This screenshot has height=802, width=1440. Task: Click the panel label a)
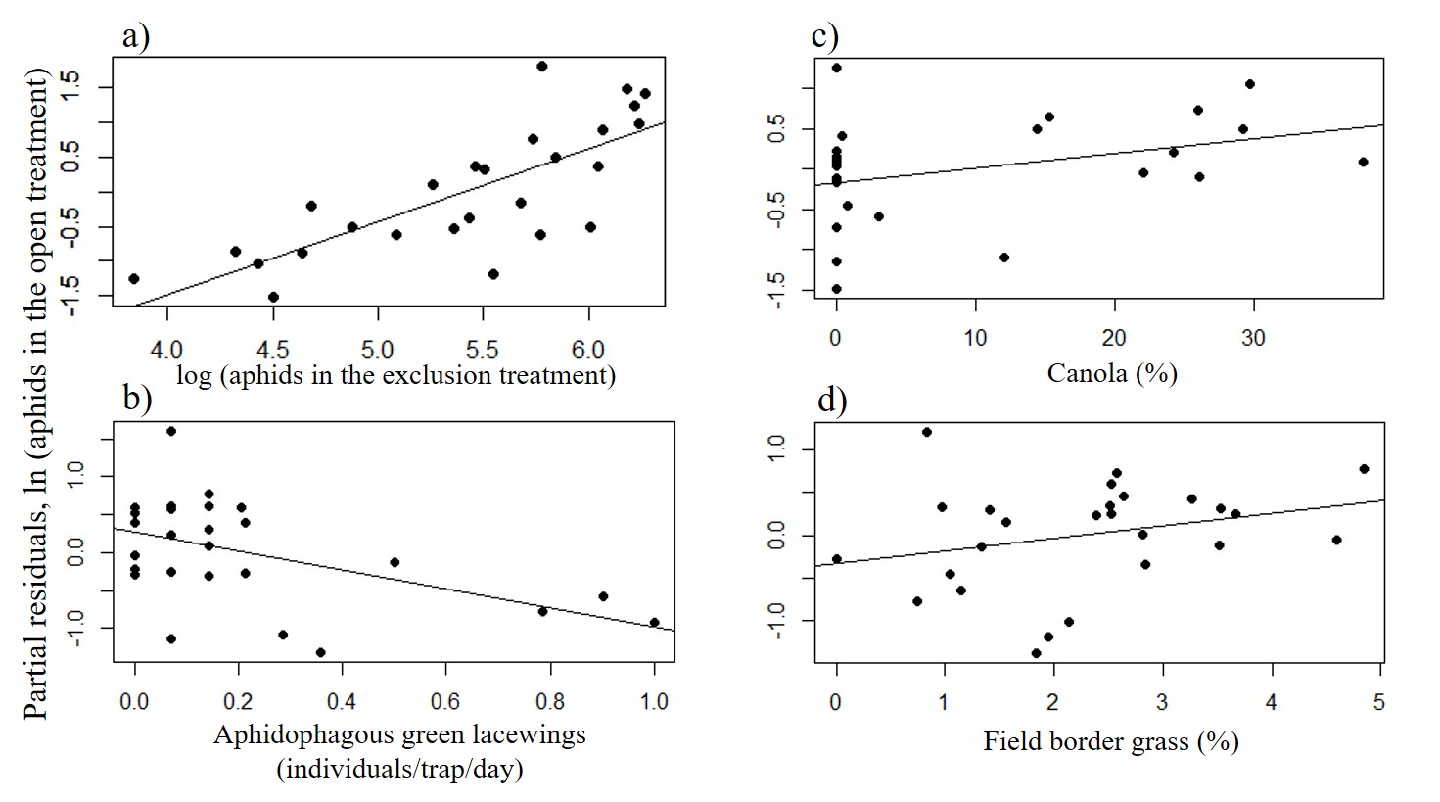(135, 36)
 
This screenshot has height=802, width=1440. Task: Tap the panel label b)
(136, 398)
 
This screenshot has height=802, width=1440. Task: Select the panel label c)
(824, 36)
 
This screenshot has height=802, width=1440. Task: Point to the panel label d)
(831, 400)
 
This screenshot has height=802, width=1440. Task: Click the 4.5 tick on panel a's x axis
(272, 350)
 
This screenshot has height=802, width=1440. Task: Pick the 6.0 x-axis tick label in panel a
(588, 350)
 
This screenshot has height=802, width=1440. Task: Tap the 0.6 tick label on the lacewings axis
(445, 701)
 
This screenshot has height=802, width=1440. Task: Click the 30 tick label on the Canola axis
(1253, 338)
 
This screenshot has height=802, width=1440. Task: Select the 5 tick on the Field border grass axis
(1379, 702)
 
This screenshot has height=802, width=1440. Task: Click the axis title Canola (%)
(1112, 373)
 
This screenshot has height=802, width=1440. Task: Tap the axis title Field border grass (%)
(1111, 741)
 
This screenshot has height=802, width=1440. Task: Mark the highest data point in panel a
(541, 67)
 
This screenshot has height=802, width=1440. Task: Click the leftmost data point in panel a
(134, 279)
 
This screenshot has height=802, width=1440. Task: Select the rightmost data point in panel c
(1363, 162)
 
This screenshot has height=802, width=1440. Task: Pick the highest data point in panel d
(927, 432)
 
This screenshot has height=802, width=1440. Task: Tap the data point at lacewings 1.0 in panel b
(654, 622)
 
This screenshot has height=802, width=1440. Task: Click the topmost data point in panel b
(171, 431)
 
